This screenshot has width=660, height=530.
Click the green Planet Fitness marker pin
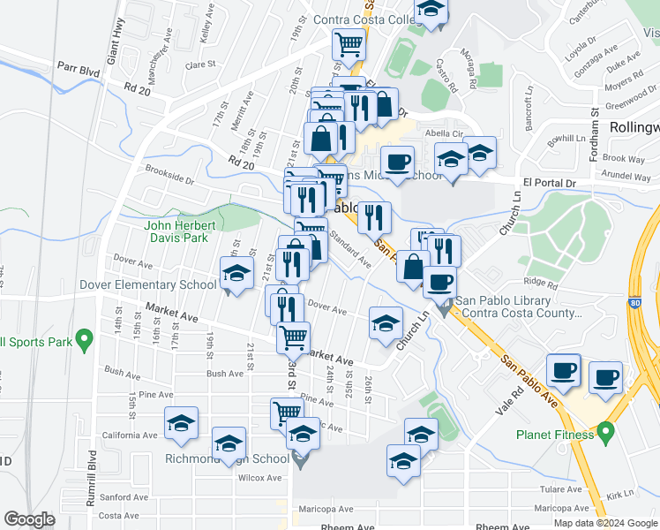604,432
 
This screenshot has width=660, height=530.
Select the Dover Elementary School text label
147,284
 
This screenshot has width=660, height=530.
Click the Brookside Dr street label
169,178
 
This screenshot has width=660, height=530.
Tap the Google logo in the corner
29,519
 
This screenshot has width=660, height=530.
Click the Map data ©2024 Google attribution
604,522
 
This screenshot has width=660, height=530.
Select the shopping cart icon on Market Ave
293,336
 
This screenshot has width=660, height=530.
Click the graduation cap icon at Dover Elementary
236,275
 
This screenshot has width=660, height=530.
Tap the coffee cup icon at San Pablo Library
439,283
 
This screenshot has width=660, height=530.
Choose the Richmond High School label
227,458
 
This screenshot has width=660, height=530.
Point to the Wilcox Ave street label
259,478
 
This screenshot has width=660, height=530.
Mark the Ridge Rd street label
541,284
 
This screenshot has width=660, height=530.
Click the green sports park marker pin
84,338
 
